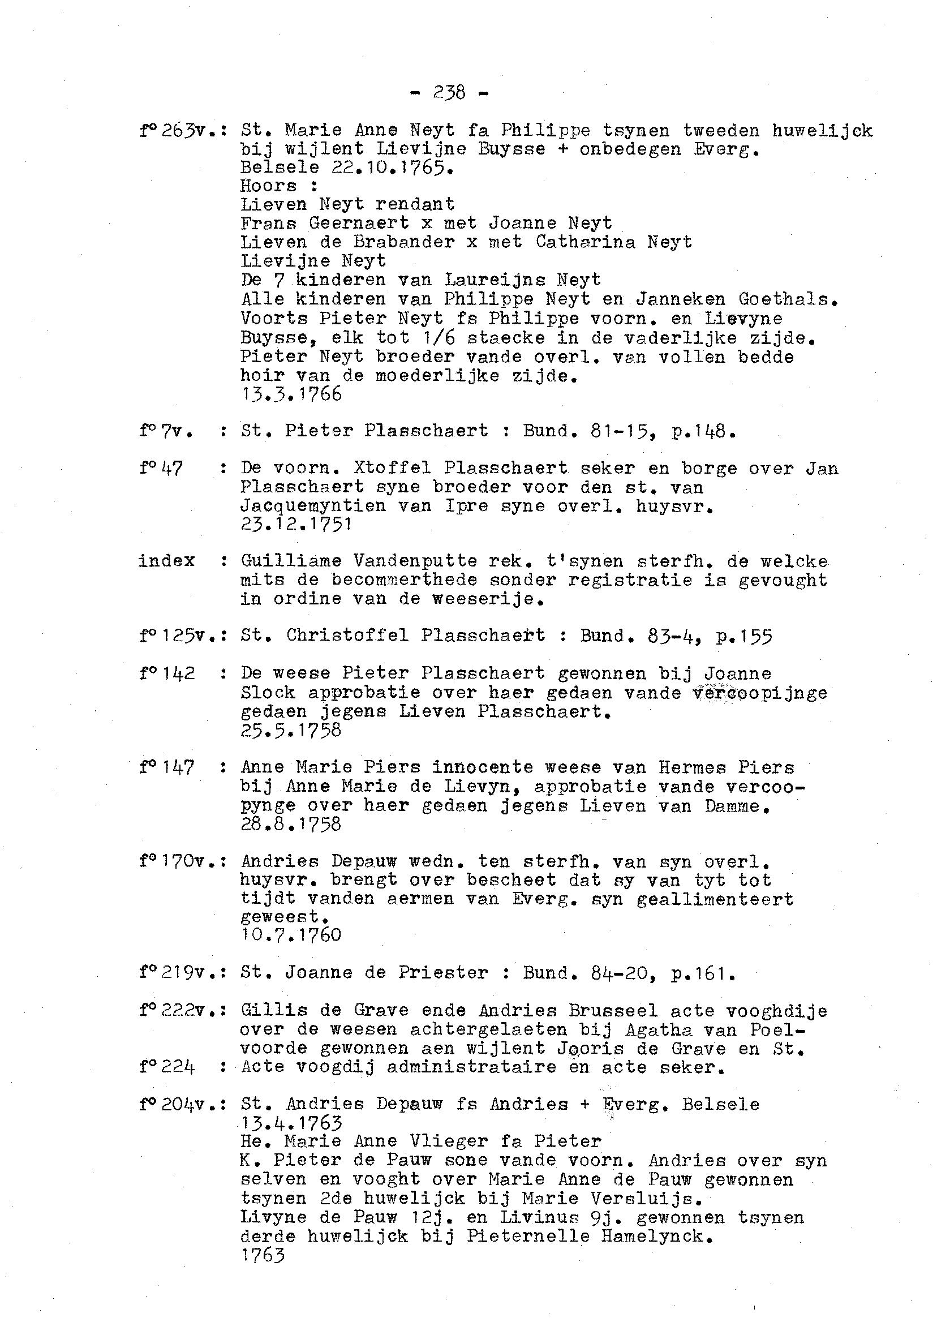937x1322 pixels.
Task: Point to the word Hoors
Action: coord(268,186)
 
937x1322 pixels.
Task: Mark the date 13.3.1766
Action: coord(291,394)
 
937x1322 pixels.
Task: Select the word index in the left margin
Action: coord(167,561)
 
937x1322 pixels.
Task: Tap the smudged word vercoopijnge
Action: coord(760,693)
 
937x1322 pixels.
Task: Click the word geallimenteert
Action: coord(715,900)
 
